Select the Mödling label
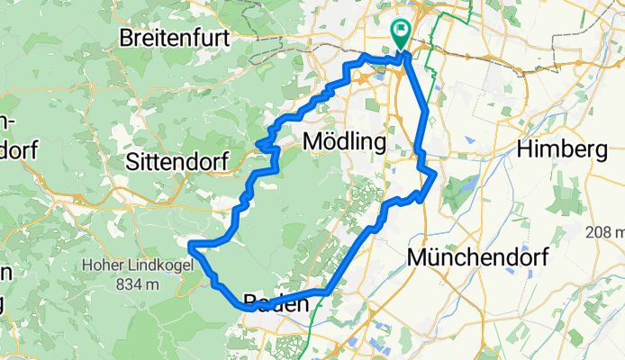345,141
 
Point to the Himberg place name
567,149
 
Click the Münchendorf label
479,257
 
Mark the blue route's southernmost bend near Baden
245,307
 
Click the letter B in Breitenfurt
128,40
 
